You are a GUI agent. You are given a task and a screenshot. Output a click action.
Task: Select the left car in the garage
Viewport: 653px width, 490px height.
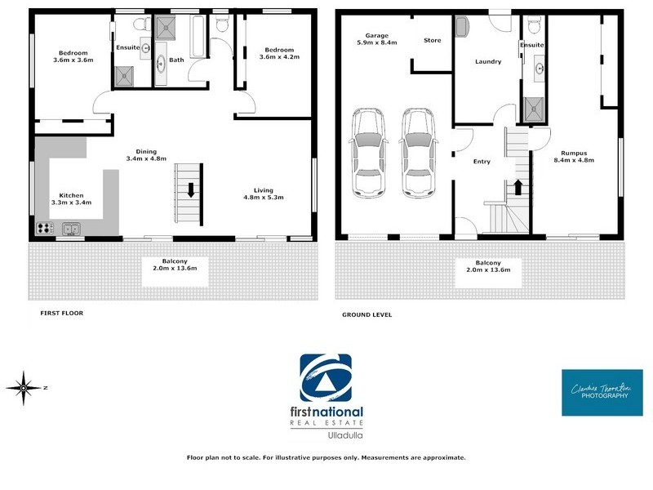click(369, 152)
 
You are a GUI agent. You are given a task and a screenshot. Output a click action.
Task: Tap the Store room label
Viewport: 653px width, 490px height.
click(432, 40)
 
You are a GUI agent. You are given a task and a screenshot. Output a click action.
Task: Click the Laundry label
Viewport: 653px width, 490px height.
click(488, 61)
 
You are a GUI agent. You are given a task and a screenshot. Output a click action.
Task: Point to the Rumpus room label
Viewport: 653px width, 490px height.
click(574, 156)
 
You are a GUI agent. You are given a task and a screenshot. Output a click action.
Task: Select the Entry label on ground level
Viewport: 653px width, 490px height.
click(482, 162)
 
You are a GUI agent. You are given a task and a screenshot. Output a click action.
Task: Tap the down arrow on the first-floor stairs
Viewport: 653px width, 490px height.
click(190, 191)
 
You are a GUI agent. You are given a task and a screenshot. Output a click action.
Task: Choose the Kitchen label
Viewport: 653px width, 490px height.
click(72, 199)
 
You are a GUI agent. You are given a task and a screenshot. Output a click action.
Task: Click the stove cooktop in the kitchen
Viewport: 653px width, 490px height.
click(44, 229)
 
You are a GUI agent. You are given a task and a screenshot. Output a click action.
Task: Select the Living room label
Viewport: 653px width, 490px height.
click(264, 193)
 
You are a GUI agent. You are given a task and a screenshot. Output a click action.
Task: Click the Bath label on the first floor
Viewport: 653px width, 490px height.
click(175, 60)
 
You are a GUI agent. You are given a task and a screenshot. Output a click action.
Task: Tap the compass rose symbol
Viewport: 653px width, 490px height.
click(24, 385)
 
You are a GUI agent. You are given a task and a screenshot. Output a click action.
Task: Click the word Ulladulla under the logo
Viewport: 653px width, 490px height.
click(326, 436)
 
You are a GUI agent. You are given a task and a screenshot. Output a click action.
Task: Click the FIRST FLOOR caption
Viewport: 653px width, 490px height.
click(62, 313)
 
